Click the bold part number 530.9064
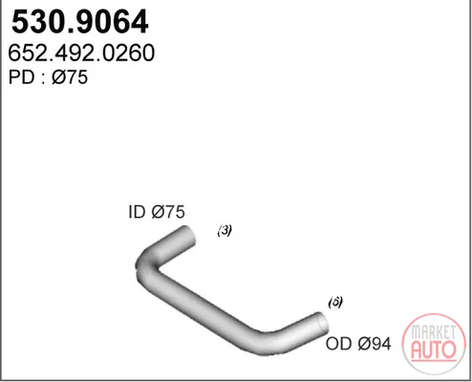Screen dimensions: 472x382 point(80,22)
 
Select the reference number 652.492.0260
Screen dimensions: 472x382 point(81,53)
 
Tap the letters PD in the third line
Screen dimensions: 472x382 point(21,77)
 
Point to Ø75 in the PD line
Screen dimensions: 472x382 point(70,77)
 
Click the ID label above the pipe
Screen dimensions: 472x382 point(137,212)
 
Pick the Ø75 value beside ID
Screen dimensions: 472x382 point(168,212)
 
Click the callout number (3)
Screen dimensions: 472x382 point(225,230)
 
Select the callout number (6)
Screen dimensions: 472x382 point(335,302)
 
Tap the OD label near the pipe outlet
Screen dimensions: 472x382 point(339,344)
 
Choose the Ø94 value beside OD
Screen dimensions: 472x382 point(375,344)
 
